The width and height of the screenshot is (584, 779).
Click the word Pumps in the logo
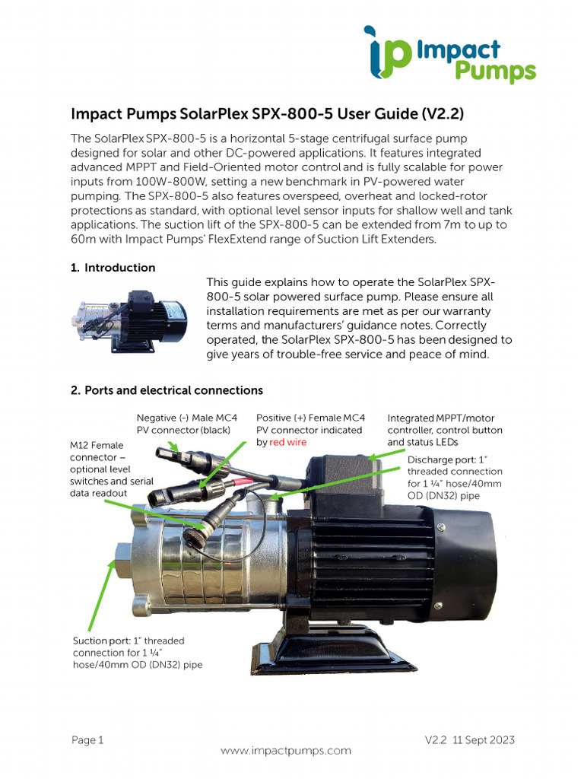pos(495,72)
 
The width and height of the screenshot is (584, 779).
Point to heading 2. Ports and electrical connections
pos(167,390)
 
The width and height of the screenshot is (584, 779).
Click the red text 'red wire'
pos(289,442)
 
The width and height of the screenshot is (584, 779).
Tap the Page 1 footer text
pos(87,740)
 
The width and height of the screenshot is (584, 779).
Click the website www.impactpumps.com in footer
pos(286,750)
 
